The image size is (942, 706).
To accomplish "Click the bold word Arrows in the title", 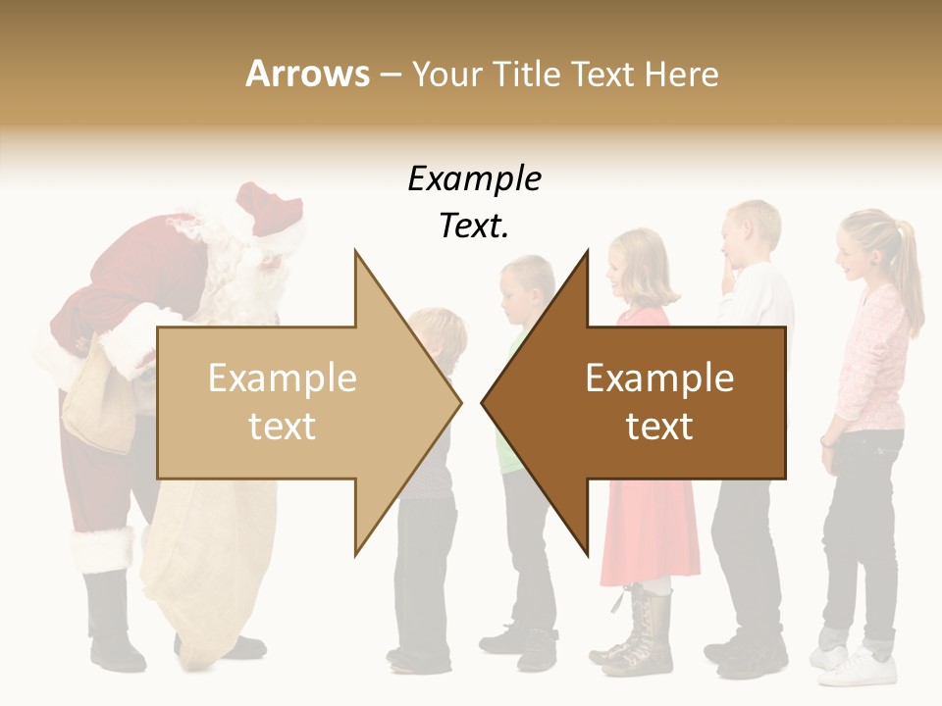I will pos(307,74).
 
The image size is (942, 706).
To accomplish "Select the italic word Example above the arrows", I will pos(474,179).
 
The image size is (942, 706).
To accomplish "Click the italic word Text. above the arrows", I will pos(474,227).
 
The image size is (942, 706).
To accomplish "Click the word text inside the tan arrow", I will pos(282,427).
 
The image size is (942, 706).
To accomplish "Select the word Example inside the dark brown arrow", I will pos(659,378).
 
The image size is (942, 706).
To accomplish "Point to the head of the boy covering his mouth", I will pos(751,235).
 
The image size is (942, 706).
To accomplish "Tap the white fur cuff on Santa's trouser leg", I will pos(101,549).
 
